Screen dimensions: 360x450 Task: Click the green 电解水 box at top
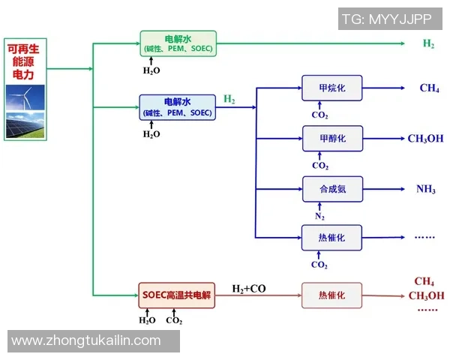pyautogui.click(x=178, y=43)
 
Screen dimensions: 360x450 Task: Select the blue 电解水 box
pyautogui.click(x=178, y=106)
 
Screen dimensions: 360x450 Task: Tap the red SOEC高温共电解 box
pyautogui.click(x=177, y=295)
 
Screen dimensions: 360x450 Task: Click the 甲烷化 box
pyautogui.click(x=331, y=88)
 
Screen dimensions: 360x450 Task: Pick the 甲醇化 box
pyautogui.click(x=331, y=138)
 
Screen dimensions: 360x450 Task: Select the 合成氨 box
pyautogui.click(x=331, y=188)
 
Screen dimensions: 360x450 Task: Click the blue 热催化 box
pyautogui.click(x=331, y=237)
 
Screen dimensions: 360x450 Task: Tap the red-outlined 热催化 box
pyautogui.click(x=331, y=295)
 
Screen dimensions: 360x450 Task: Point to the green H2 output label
pyautogui.click(x=428, y=43)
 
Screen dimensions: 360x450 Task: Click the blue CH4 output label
pyautogui.click(x=429, y=88)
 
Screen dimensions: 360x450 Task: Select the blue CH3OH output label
pyautogui.click(x=425, y=139)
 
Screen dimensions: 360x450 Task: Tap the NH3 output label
pyautogui.click(x=426, y=189)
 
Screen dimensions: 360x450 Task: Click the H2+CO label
pyautogui.click(x=248, y=289)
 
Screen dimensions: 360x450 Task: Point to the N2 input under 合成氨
pyautogui.click(x=319, y=215)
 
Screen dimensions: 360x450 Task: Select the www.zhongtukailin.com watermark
pyautogui.click(x=86, y=340)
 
